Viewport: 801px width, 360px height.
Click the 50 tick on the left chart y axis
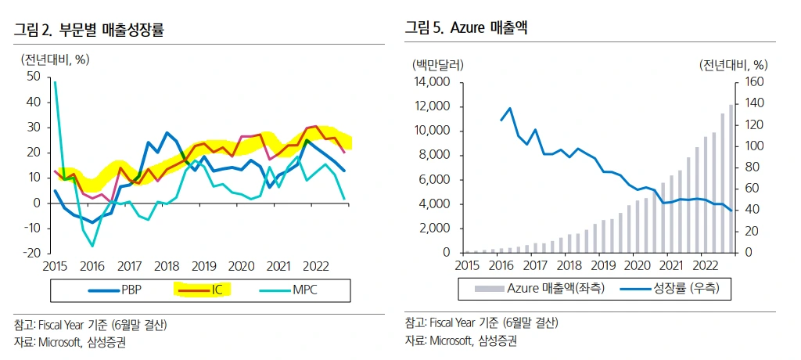point(33,76)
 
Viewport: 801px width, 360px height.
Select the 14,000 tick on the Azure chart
point(429,81)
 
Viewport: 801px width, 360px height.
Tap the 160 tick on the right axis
point(756,81)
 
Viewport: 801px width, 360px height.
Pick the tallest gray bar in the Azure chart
point(731,178)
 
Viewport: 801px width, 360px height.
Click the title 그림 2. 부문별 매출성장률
point(91,31)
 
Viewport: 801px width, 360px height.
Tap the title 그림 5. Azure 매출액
point(466,29)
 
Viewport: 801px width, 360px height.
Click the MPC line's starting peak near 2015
point(55,81)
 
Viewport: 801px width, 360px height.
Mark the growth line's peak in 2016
point(510,108)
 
